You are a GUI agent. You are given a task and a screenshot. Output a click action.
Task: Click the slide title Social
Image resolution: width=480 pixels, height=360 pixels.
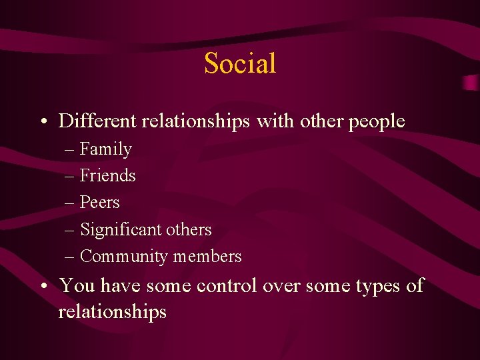click(240, 63)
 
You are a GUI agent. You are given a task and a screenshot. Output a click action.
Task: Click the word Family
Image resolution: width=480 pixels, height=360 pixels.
click(106, 149)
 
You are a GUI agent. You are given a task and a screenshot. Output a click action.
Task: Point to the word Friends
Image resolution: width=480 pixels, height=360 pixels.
click(108, 175)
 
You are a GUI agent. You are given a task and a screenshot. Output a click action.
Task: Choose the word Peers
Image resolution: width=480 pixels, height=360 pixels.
click(100, 202)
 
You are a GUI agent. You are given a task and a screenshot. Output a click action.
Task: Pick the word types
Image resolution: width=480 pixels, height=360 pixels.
click(378, 287)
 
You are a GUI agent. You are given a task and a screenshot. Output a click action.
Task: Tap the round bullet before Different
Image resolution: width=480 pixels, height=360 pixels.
click(43, 122)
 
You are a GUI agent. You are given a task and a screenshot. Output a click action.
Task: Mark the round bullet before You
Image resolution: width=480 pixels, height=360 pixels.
click(43, 287)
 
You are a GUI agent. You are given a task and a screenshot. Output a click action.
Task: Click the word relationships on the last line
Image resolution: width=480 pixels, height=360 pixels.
click(112, 312)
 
